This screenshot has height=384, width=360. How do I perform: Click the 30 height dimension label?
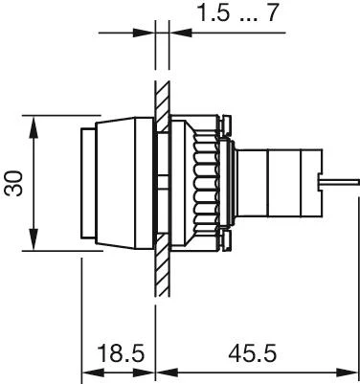(x=13, y=183)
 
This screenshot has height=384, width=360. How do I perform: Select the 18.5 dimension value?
(x=121, y=353)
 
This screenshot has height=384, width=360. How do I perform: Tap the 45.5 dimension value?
(x=252, y=353)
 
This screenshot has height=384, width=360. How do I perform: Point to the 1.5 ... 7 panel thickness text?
(x=238, y=12)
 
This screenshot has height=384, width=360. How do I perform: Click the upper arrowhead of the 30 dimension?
(x=34, y=126)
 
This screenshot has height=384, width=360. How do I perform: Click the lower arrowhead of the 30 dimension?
(x=34, y=239)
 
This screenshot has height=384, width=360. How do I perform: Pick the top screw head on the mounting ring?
(x=225, y=124)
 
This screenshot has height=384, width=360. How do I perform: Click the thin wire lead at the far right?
(x=340, y=182)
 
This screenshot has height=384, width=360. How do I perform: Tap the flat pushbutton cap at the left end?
(x=88, y=183)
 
